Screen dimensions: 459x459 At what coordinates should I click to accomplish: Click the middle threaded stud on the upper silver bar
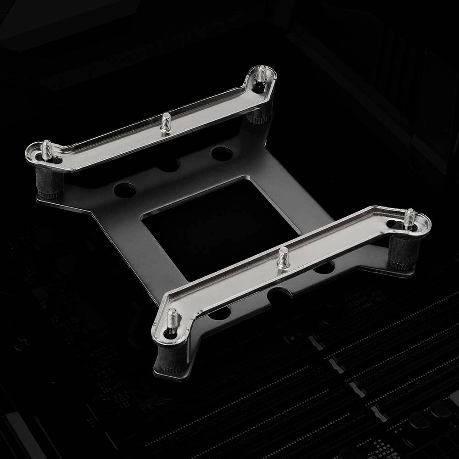(166, 123)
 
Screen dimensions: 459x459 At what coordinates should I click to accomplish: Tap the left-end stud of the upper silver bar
(46, 150)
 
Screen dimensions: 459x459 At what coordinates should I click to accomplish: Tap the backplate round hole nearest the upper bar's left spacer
(124, 190)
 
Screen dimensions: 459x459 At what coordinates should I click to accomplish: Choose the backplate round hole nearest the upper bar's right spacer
(222, 153)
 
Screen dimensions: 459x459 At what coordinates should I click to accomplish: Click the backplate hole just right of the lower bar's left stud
(219, 313)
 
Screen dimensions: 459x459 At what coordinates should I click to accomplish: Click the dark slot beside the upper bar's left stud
(57, 160)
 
